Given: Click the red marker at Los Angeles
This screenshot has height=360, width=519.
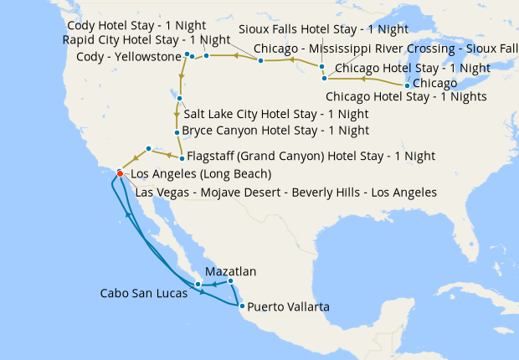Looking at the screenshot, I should [120, 173].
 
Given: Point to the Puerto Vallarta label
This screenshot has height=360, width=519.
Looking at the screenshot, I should [288, 307].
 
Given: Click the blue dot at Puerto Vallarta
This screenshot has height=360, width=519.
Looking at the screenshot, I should [242, 306].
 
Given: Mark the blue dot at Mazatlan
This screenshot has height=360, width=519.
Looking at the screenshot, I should [231, 281].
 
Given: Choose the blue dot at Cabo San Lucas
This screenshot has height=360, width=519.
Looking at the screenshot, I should [198, 285].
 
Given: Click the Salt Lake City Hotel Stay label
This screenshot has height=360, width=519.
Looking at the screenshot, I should [275, 114].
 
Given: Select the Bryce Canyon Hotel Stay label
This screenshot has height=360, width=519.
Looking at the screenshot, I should [275, 131].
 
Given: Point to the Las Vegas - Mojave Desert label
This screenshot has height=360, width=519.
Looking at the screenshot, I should [285, 192].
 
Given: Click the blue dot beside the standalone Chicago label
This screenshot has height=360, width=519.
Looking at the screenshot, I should [407, 85].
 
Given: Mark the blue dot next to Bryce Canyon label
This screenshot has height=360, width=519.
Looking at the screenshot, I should [176, 132].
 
